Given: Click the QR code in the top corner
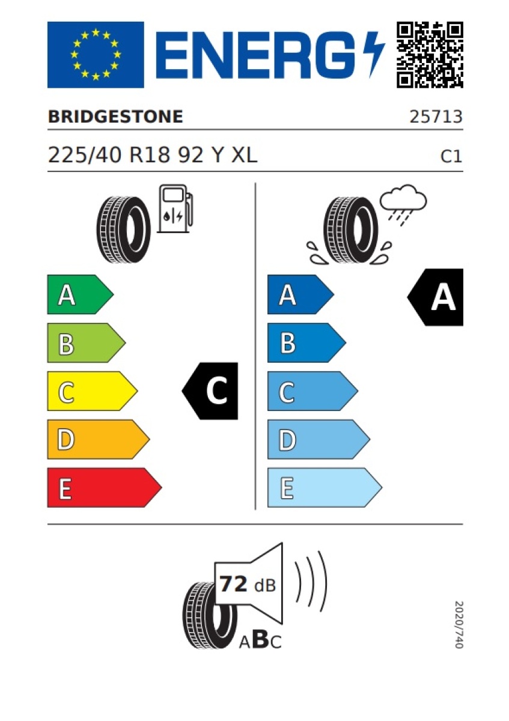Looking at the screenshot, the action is coord(430,55).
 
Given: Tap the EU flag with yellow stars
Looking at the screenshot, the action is coord(96,55).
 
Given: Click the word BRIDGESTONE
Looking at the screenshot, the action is coord(115,117).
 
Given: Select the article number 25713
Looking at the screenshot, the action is coord(436,117).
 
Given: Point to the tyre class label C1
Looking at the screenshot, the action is coord(451,156).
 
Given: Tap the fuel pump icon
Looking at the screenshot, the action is coord(175,208).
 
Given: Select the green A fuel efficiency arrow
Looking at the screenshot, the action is coord(80,294).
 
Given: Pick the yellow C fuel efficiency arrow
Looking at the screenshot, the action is coord(93,391).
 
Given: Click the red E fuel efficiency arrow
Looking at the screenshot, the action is coord(105,487).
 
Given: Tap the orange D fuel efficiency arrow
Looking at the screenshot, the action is coord(99,439).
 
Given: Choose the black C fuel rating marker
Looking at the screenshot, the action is coord(210,391).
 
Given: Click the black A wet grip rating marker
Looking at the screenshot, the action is coord(435,297).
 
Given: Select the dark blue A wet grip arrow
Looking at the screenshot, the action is coord(300,294).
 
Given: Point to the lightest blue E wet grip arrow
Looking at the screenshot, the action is coord(325,487).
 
